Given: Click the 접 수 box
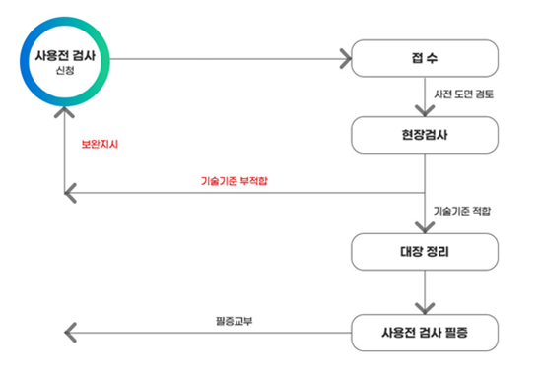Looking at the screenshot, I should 424,59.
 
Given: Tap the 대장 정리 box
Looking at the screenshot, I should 424,252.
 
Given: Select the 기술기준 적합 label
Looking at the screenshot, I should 461,211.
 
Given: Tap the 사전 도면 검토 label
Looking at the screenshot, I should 465,94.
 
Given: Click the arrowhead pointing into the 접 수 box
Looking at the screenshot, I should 345,60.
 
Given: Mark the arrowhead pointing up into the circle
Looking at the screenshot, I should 65,108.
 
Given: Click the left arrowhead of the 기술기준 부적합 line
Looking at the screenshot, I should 69,192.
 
